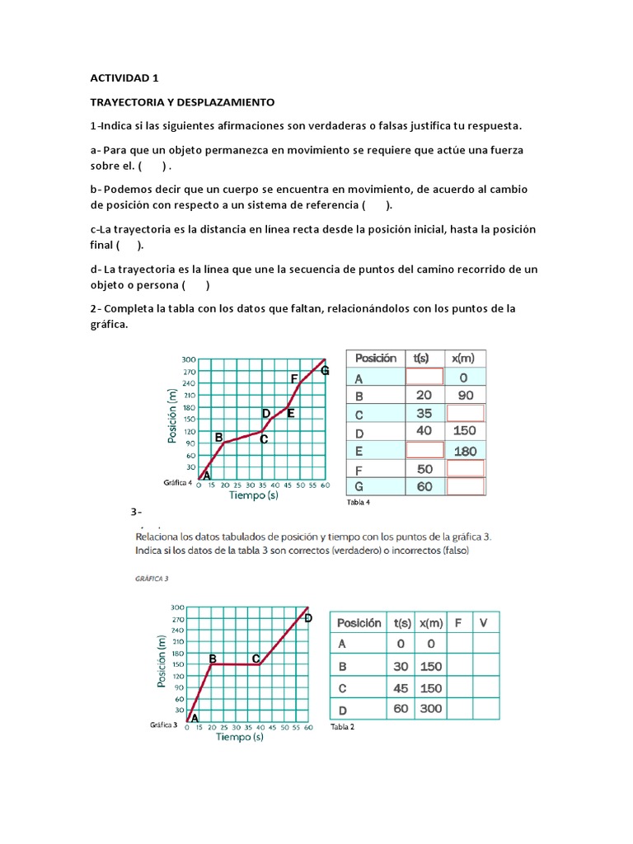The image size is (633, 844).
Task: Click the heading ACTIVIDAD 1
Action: (x=124, y=78)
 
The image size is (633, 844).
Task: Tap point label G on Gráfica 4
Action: (x=325, y=371)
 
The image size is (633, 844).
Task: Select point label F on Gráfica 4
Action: (x=294, y=378)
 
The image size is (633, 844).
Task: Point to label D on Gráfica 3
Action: (x=308, y=617)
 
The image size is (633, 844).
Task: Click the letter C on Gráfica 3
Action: (x=256, y=659)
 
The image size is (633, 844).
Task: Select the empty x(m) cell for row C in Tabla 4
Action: (x=467, y=413)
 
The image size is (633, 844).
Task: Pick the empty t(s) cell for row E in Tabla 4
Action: (x=424, y=450)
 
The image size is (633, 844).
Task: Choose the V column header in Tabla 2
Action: (x=483, y=623)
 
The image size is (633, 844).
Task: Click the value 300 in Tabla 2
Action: (x=430, y=708)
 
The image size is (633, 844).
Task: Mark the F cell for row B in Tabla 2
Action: (x=457, y=666)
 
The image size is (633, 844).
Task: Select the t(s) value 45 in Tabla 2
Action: (x=401, y=687)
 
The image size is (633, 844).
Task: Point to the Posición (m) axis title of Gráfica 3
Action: (x=163, y=661)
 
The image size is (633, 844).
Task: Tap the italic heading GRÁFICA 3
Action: (x=152, y=579)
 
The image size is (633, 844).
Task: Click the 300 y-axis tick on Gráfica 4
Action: (x=190, y=359)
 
